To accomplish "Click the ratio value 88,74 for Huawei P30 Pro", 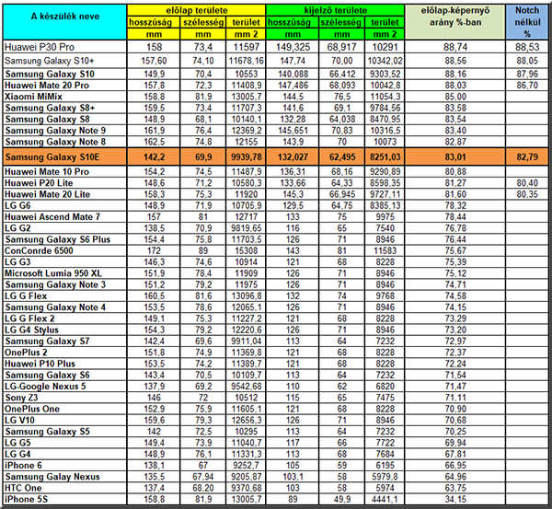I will point(454,45).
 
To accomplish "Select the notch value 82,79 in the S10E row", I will point(527,157).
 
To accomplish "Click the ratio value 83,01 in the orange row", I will point(454,157).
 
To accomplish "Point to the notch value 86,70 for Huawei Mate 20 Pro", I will point(527,84).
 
